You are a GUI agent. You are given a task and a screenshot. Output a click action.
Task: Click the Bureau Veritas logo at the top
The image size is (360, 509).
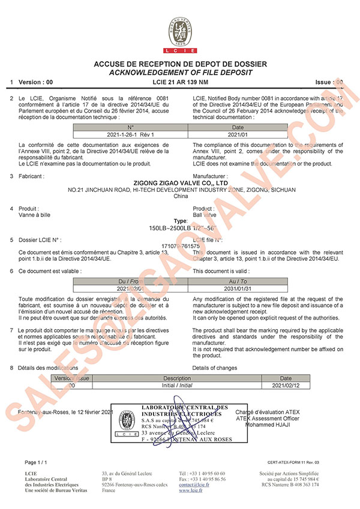coord(180,33)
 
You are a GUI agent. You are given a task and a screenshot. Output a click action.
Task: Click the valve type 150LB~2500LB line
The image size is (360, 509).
coord(180,229)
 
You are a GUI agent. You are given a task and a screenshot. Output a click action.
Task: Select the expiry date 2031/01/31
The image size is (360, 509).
coord(238,288)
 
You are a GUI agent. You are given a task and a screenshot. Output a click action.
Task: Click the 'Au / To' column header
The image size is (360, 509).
coord(238,281)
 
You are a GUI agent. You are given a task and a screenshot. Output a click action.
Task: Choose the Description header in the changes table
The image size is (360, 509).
coord(177,379)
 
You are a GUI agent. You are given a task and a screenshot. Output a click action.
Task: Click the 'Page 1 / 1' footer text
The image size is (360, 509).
coord(38,463)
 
